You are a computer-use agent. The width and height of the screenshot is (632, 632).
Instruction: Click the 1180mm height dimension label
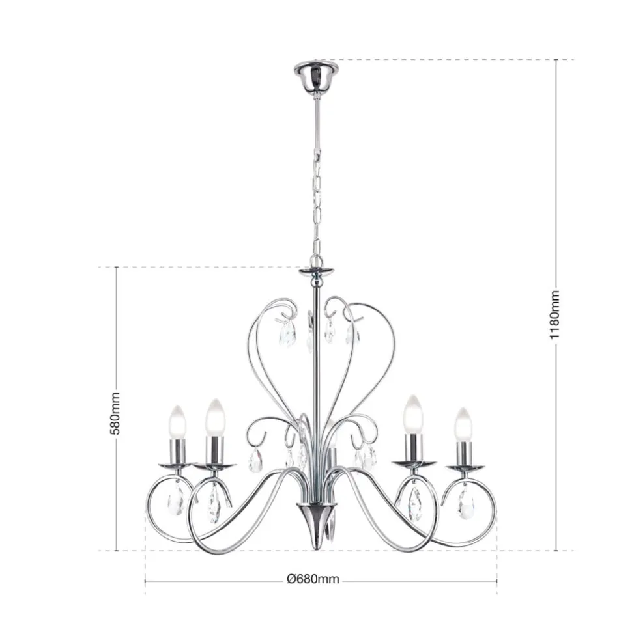pyautogui.click(x=555, y=314)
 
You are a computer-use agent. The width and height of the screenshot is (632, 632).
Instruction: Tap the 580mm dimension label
pyautogui.click(x=115, y=413)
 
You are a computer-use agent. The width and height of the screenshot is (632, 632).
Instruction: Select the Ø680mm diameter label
pyautogui.click(x=313, y=579)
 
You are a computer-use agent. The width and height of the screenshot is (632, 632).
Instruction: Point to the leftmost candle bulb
pyautogui.click(x=178, y=422)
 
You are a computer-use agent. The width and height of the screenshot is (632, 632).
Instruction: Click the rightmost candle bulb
pyautogui.click(x=463, y=424)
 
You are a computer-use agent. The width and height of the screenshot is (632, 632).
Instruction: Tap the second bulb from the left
pyautogui.click(x=215, y=417)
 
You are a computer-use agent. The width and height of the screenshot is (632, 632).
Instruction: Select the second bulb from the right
pyautogui.click(x=413, y=415)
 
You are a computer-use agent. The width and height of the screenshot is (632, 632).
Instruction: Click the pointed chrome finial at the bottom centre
pyautogui.click(x=317, y=526)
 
